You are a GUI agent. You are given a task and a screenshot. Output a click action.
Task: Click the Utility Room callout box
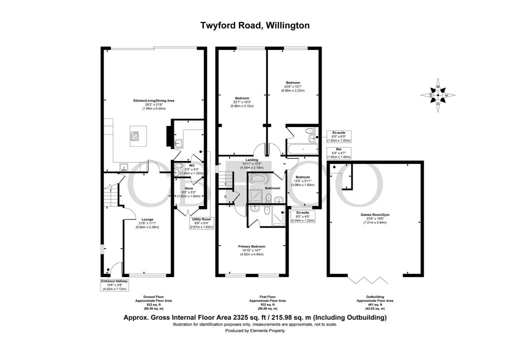tap(201, 222)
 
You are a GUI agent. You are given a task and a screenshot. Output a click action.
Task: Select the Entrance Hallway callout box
tap(115, 284)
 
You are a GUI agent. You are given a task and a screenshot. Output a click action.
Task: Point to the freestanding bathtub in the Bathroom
tap(258, 179)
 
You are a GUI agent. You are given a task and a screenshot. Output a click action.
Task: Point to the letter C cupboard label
tap(226, 196)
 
